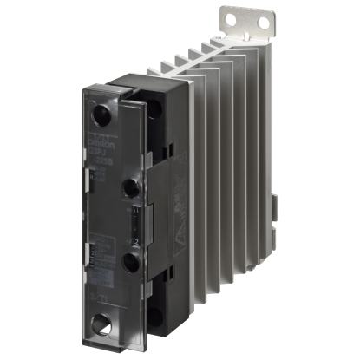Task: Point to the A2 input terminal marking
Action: coord(129,235)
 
